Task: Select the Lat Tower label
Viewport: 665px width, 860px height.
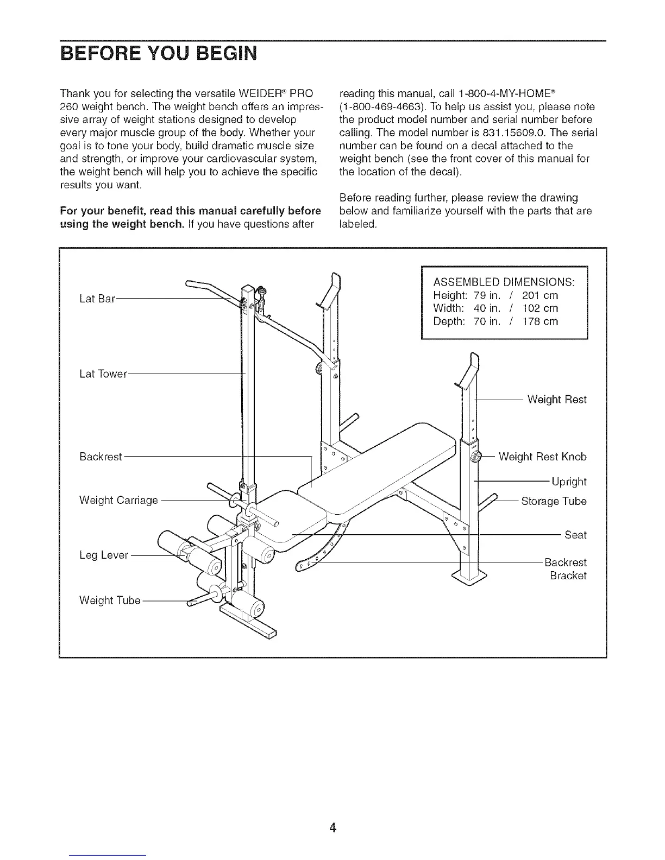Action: coord(103,374)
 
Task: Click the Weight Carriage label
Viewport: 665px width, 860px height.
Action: coord(118,499)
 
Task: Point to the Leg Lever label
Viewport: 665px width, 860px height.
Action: coord(104,555)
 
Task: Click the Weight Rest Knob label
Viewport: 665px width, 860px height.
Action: coord(542,457)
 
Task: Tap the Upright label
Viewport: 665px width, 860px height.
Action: coord(569,482)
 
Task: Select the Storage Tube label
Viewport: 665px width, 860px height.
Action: coord(554,501)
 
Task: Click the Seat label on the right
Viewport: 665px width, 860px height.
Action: coord(575,535)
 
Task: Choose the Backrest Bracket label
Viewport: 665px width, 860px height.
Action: coord(565,569)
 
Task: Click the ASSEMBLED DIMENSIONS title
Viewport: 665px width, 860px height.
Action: coord(504,283)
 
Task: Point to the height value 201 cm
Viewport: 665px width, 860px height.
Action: coord(539,296)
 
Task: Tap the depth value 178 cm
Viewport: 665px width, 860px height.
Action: coord(539,321)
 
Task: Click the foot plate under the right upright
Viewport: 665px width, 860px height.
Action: coord(470,577)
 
